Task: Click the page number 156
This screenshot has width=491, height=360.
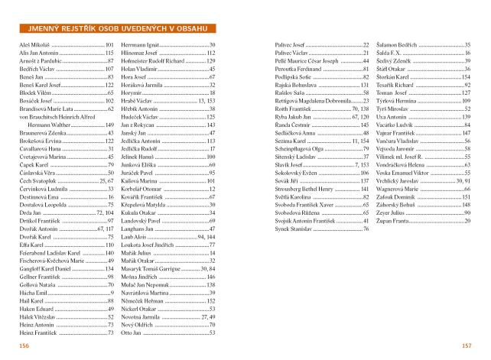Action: (24, 346)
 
